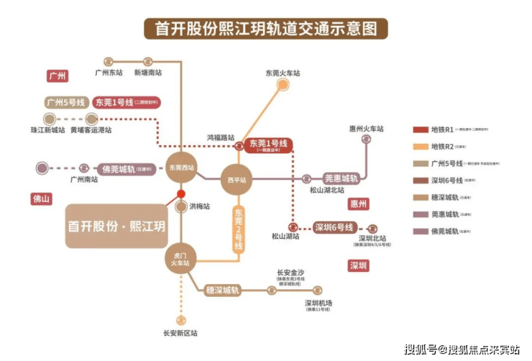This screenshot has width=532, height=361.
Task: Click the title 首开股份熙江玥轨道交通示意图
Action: [x=266, y=29]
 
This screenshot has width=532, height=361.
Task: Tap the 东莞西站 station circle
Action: [x=181, y=168]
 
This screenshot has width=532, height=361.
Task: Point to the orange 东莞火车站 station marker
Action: [x=283, y=85]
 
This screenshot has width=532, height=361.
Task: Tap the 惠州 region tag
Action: [x=358, y=204]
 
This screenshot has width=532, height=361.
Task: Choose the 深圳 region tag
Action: [x=358, y=266]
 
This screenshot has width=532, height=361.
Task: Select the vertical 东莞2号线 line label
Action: [x=238, y=229]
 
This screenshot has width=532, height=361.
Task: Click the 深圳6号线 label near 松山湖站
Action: [x=334, y=227]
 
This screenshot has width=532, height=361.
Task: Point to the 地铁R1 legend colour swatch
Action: [x=421, y=130]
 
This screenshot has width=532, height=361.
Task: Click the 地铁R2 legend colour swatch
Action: [x=421, y=147]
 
